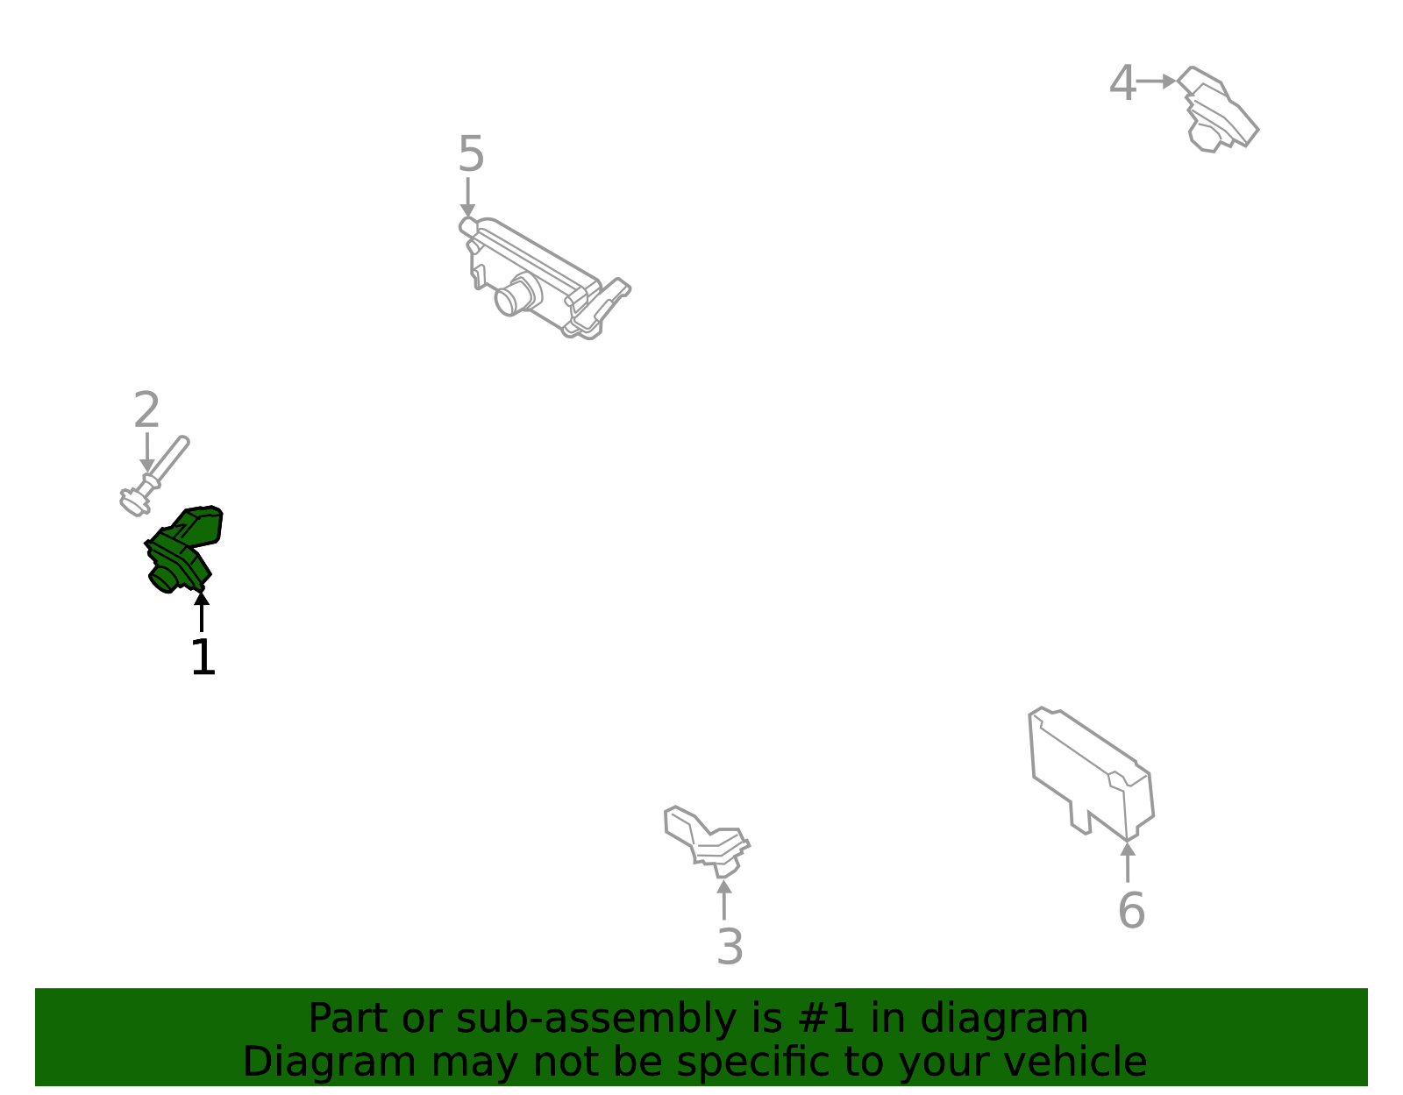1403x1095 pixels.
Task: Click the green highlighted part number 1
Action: click(182, 549)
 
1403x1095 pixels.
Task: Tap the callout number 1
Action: click(203, 657)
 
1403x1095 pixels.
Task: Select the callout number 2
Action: click(146, 409)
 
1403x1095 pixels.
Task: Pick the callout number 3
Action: click(730, 947)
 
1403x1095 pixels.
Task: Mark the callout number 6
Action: click(1131, 911)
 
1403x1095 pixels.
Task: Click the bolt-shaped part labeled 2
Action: click(154, 476)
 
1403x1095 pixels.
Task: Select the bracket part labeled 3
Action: click(707, 842)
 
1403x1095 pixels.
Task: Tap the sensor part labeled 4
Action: click(1218, 110)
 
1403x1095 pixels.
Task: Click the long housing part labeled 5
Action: click(544, 278)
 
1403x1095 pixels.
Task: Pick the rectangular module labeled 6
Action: click(1091, 774)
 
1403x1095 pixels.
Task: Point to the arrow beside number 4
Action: click(1157, 82)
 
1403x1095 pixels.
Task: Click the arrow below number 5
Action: click(467, 197)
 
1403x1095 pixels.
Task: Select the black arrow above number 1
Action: click(202, 612)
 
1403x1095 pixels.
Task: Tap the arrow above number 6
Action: click(1128, 862)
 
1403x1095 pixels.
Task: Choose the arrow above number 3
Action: click(724, 899)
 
